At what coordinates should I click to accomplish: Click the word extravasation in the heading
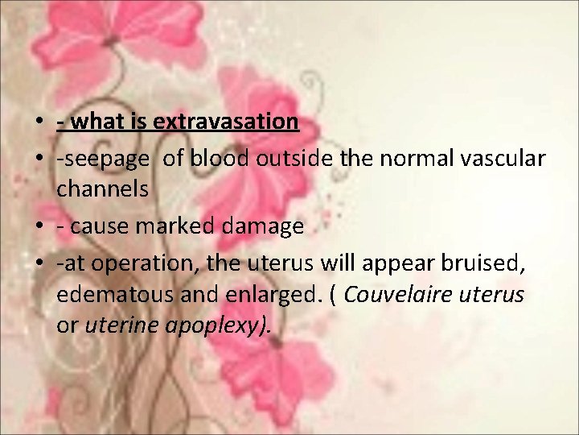226,122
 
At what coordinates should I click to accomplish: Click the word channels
103,189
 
